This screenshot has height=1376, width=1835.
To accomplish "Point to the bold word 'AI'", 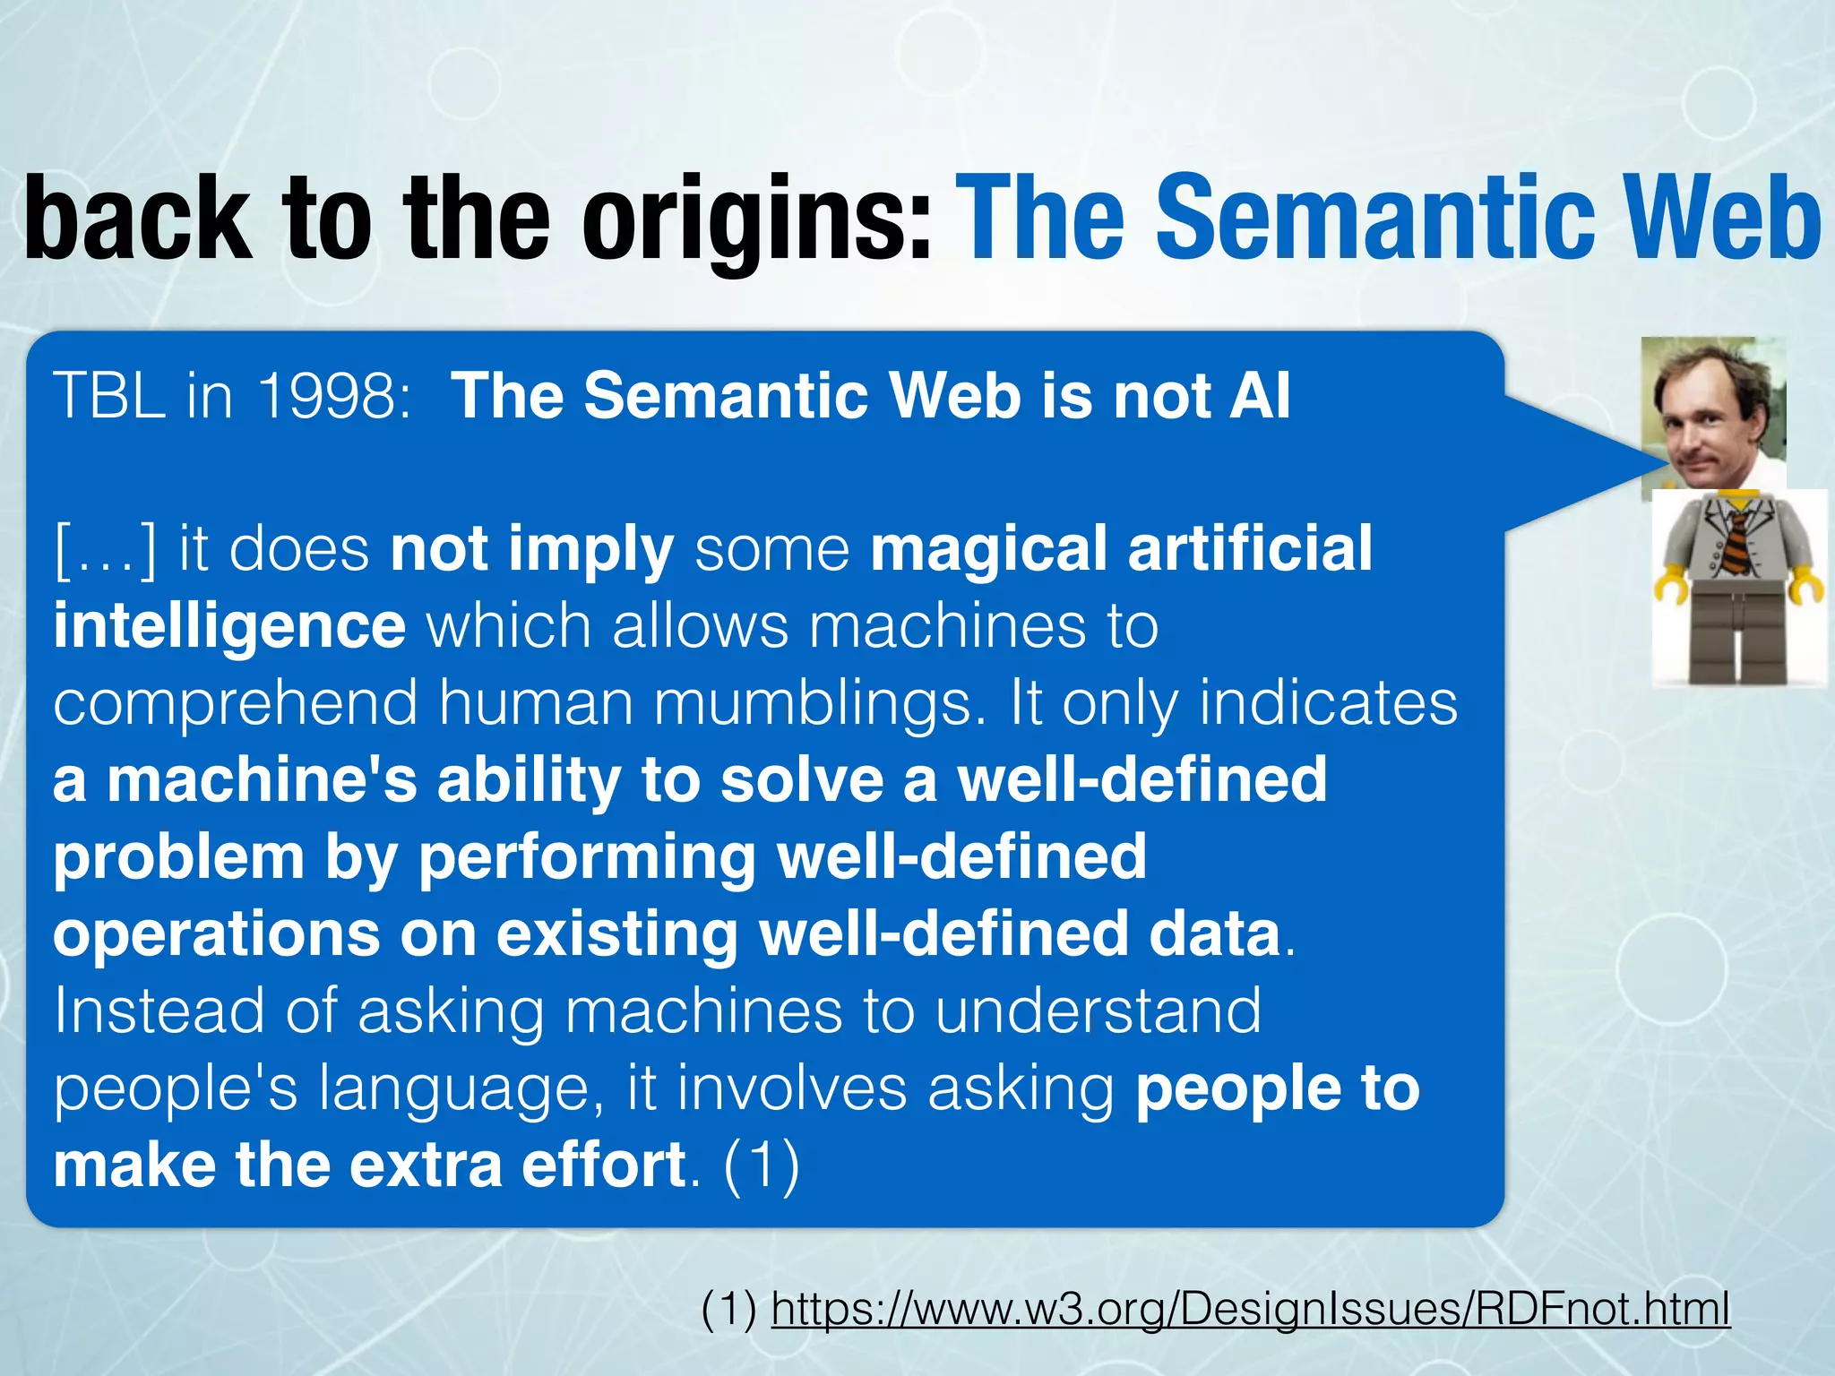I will (1260, 395).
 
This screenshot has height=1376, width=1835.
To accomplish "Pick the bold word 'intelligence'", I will (229, 625).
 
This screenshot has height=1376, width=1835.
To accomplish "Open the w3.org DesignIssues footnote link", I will (1250, 1309).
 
